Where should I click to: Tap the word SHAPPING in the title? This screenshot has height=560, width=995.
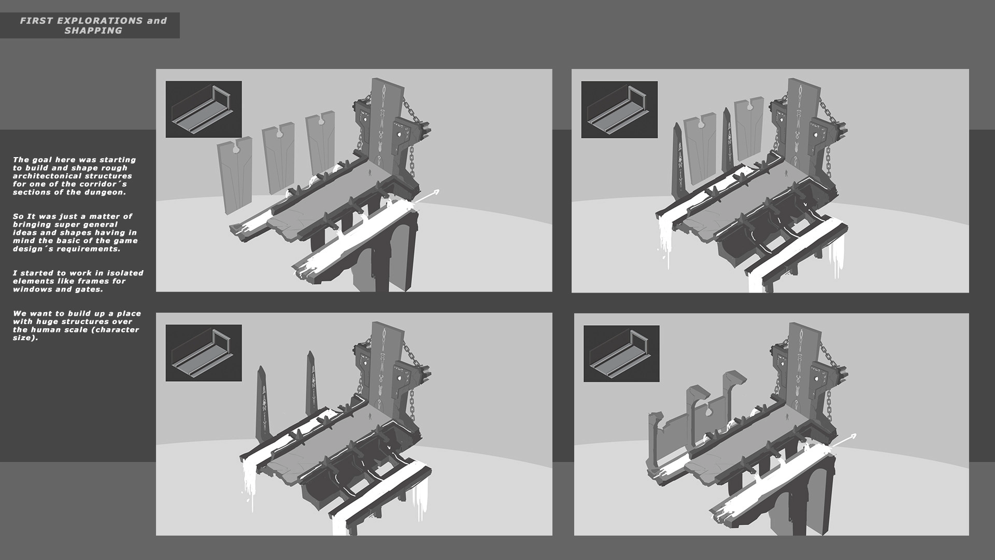(93, 31)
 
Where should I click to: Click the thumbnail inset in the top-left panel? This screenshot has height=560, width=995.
(204, 109)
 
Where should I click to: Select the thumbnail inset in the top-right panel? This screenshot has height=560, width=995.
(619, 109)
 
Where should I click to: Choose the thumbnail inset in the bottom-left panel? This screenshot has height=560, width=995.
(204, 353)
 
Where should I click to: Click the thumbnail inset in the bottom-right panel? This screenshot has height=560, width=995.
(621, 354)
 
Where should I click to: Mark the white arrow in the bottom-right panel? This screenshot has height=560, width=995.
(844, 442)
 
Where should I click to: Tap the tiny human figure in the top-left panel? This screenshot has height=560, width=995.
(369, 171)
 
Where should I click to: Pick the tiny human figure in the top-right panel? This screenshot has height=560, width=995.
(786, 172)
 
